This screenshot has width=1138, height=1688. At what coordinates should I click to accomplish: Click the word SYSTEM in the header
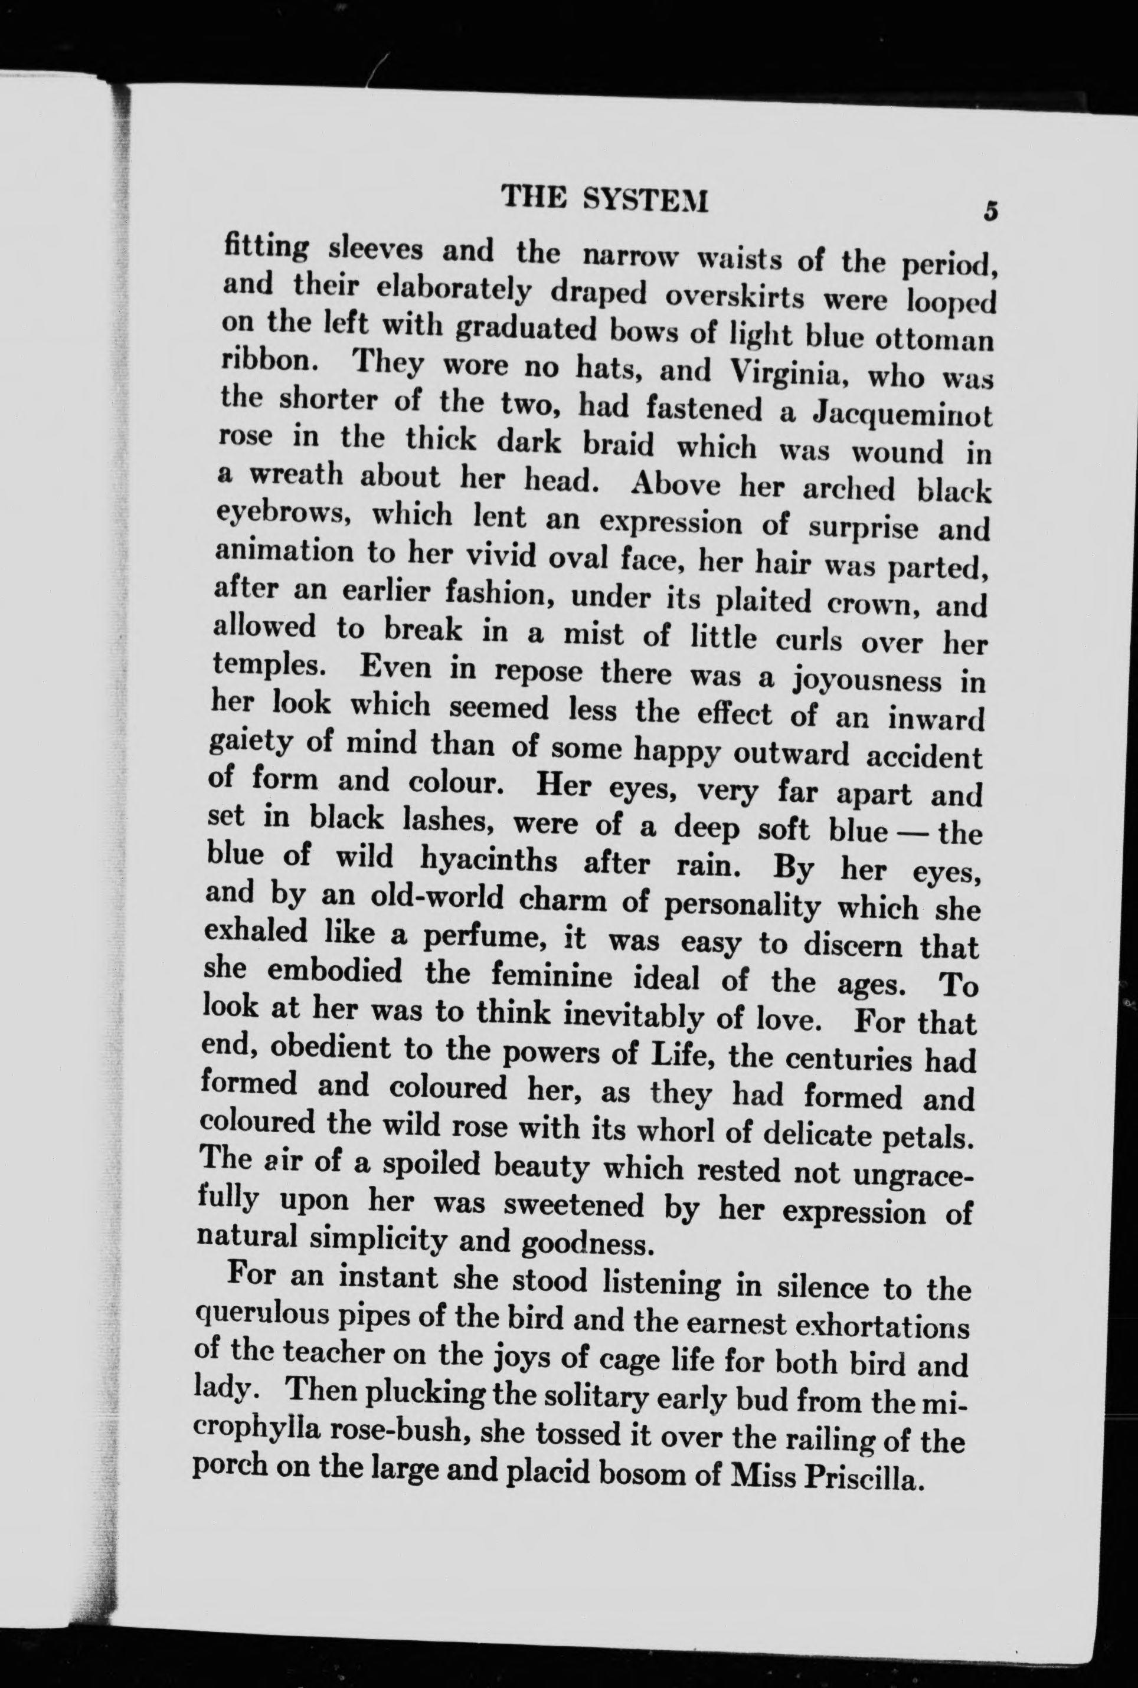645,199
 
